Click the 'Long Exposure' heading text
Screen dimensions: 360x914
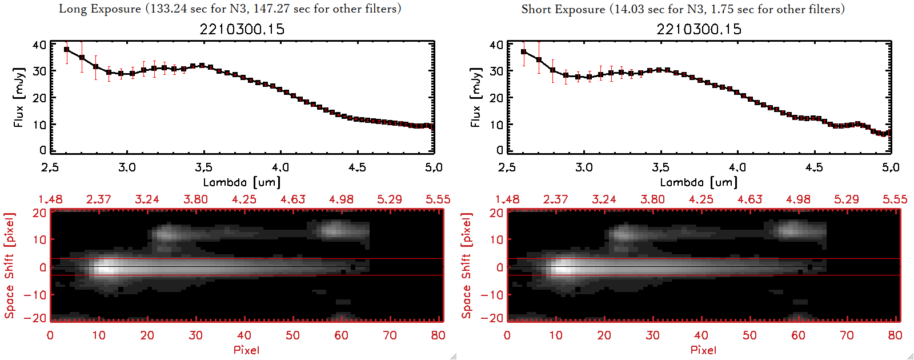point(100,9)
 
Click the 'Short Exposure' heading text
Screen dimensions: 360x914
point(563,9)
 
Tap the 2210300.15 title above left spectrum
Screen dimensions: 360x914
point(242,29)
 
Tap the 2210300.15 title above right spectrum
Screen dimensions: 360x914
point(699,29)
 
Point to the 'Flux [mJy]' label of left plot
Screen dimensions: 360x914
point(19,98)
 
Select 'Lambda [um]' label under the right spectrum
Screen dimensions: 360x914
point(699,182)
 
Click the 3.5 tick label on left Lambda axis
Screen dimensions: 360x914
point(203,167)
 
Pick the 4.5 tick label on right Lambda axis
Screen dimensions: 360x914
point(814,167)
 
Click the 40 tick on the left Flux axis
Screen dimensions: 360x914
point(39,45)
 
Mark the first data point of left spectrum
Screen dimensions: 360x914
point(67,50)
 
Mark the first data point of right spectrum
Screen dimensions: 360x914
point(524,52)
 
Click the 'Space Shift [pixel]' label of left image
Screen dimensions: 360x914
point(9,266)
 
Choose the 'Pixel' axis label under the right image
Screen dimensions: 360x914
point(703,350)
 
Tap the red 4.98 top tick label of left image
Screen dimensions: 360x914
point(341,199)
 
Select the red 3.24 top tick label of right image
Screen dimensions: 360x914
point(604,199)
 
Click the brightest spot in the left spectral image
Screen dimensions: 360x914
point(105,267)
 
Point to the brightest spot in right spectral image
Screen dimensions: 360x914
point(562,267)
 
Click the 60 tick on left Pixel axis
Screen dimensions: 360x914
point(341,335)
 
